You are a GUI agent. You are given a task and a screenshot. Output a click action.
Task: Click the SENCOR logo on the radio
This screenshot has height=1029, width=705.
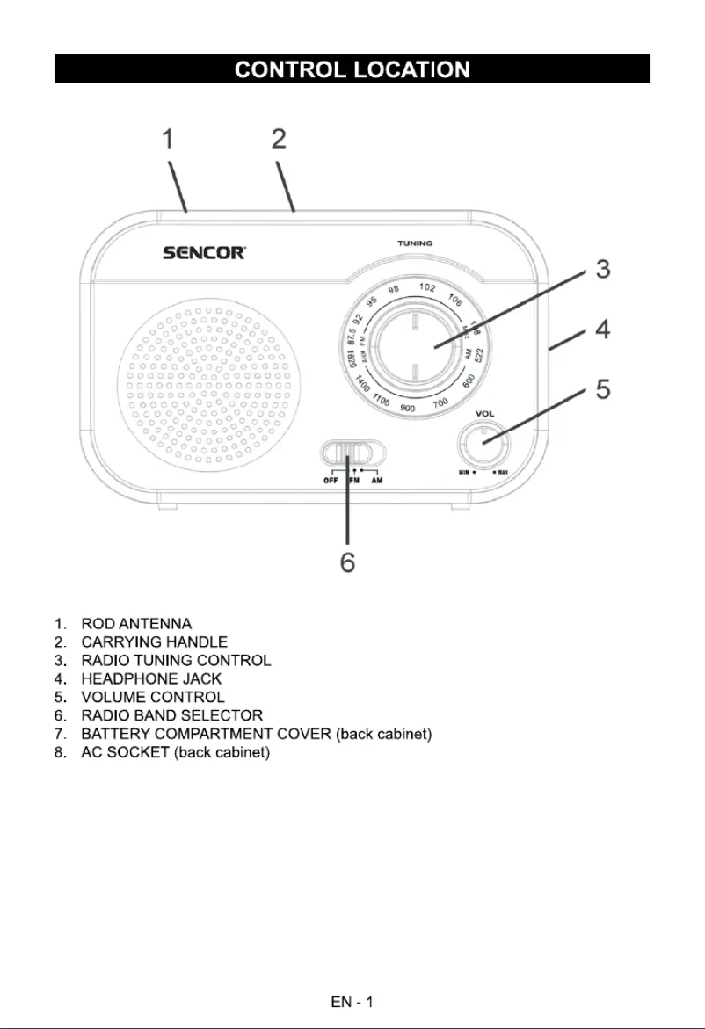(x=204, y=254)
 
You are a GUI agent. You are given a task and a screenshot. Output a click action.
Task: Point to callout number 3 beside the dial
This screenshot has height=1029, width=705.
(x=602, y=270)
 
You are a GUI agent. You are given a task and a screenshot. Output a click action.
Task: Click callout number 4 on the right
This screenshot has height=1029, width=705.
(x=602, y=331)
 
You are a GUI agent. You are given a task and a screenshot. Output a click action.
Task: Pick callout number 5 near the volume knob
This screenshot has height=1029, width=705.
(x=602, y=388)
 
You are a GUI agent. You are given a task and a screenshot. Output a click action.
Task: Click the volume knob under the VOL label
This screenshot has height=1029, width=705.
(x=484, y=441)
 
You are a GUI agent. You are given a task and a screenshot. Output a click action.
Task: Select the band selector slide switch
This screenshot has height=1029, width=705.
(x=352, y=453)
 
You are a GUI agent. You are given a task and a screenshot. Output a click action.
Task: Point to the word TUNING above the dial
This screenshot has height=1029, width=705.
(x=414, y=242)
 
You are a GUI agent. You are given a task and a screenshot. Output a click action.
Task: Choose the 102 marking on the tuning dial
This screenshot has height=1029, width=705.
(x=427, y=287)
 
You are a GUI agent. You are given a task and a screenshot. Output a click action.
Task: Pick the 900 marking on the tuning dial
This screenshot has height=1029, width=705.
(x=408, y=409)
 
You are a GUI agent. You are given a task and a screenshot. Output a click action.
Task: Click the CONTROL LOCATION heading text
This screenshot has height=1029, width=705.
(x=352, y=69)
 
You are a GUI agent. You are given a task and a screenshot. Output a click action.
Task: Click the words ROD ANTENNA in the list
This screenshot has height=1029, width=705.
(x=136, y=623)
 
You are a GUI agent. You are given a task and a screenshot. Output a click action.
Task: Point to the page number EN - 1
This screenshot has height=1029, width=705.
(x=352, y=1001)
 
